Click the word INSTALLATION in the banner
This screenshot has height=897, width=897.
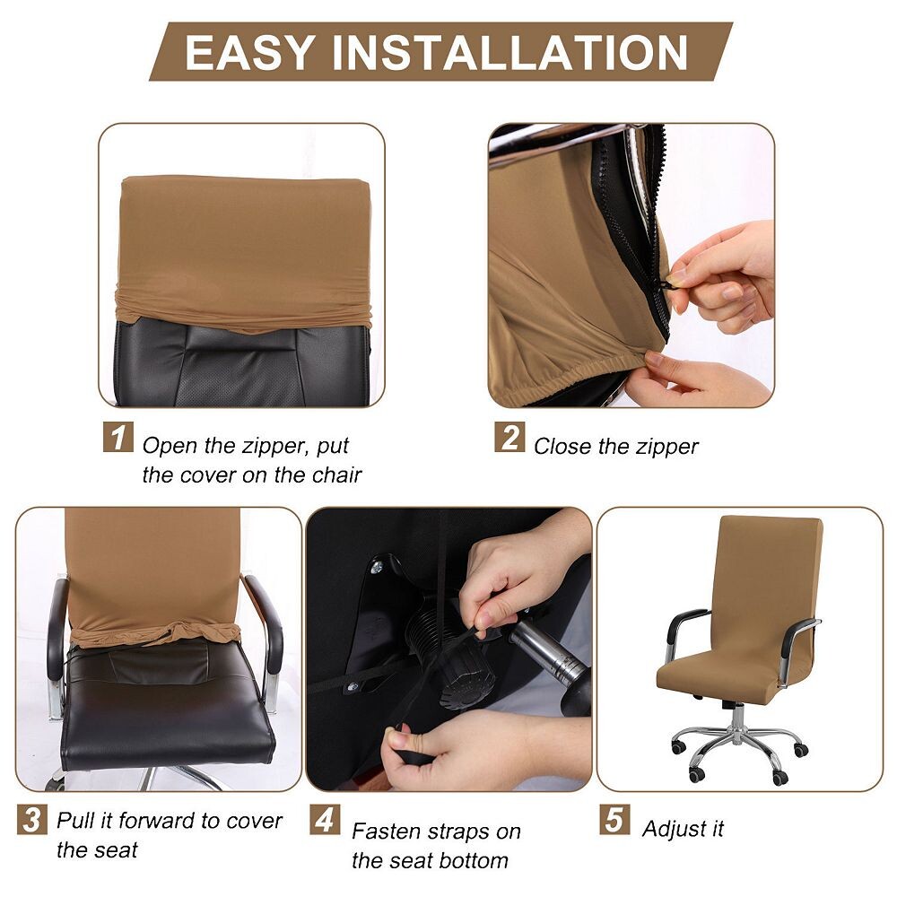[509, 53]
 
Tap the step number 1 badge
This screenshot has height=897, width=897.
[118, 437]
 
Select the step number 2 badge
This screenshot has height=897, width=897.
[509, 437]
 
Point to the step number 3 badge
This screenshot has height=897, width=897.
[32, 819]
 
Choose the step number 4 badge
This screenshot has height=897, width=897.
[325, 819]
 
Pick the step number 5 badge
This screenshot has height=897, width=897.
[615, 819]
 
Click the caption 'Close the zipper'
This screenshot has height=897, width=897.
[616, 446]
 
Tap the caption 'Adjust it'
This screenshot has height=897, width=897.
[683, 828]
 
